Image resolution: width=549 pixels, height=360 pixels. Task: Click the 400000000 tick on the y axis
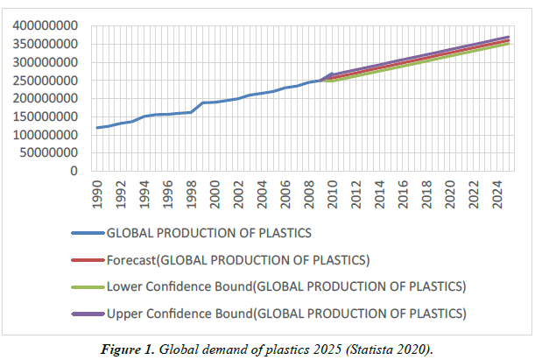pyautogui.click(x=48, y=26)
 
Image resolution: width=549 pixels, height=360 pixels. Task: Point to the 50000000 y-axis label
pyautogui.click(x=52, y=153)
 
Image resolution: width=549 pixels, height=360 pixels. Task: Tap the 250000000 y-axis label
pyautogui.click(x=48, y=81)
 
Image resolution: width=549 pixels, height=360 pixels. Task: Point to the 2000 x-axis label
pyautogui.click(x=215, y=192)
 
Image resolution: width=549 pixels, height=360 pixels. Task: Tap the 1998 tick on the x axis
pyautogui.click(x=192, y=192)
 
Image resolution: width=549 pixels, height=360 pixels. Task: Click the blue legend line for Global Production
pyautogui.click(x=87, y=234)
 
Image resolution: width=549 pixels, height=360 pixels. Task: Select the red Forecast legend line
pyautogui.click(x=87, y=260)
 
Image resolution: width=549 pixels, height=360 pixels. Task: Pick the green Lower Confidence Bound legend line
pyautogui.click(x=87, y=286)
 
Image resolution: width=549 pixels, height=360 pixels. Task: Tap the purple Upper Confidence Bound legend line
pyautogui.click(x=87, y=313)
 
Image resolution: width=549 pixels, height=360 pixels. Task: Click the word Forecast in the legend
pyautogui.click(x=130, y=260)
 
